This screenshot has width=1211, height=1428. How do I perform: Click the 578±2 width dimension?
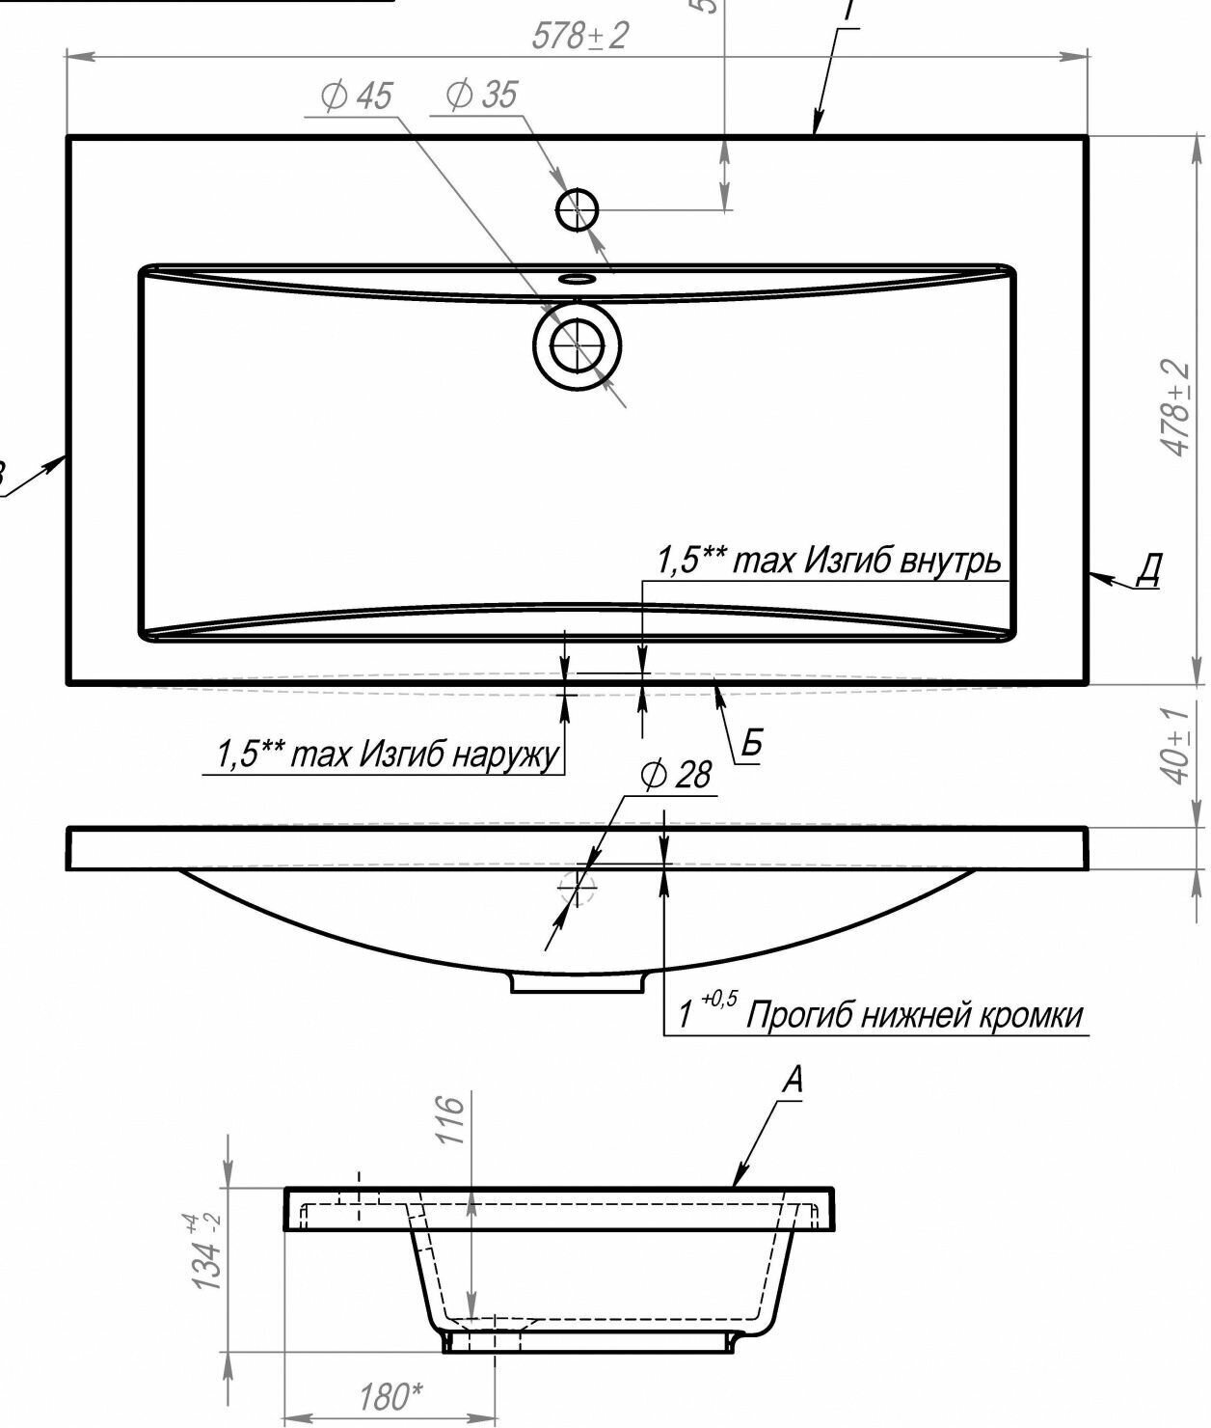(x=580, y=37)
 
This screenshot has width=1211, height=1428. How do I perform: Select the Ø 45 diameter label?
(x=357, y=96)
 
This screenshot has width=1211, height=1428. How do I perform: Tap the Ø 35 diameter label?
(x=481, y=95)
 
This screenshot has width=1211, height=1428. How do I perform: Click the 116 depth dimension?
(x=451, y=1119)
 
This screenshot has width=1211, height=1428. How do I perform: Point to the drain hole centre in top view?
(x=577, y=343)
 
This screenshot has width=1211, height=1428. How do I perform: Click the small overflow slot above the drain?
(x=577, y=279)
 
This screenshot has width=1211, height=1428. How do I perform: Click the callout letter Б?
(x=752, y=744)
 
